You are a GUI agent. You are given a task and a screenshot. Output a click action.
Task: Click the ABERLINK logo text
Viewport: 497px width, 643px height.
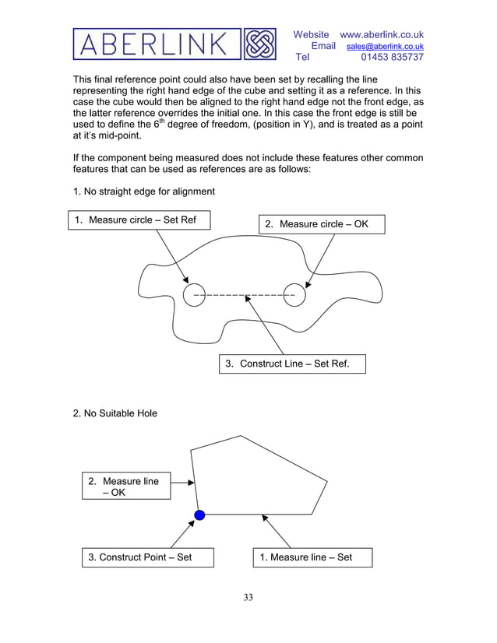click(157, 44)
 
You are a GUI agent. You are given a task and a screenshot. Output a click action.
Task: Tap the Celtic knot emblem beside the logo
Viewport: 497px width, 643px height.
click(260, 44)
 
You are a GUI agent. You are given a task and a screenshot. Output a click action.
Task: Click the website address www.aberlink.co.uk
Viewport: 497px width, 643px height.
click(382, 34)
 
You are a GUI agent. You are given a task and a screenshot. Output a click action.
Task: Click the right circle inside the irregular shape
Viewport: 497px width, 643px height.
click(294, 295)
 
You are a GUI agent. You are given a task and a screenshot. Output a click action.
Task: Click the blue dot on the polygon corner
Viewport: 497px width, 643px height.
click(199, 515)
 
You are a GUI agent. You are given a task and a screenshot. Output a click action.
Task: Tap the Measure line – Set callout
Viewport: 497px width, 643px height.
click(312, 557)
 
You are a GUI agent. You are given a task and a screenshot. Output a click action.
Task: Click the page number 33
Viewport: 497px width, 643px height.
click(248, 598)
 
